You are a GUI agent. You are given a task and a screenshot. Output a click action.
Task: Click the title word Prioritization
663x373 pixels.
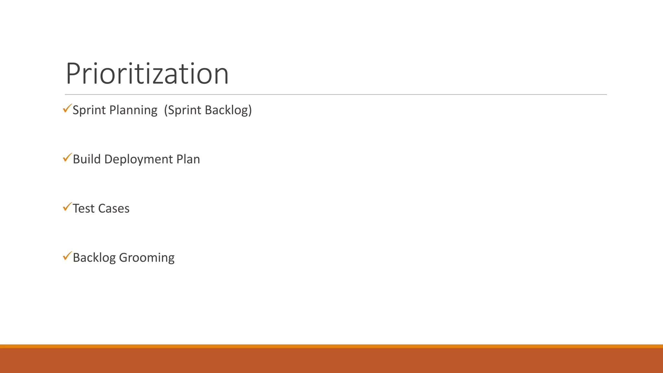[x=147, y=74]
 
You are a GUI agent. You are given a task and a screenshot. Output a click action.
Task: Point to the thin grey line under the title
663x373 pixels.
[x=336, y=95]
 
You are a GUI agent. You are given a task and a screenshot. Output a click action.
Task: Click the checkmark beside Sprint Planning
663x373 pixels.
[x=67, y=108]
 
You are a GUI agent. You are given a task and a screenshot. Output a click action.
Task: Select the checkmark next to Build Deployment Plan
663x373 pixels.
[x=67, y=158]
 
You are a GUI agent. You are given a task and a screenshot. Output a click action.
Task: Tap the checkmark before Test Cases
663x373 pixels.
[x=67, y=207]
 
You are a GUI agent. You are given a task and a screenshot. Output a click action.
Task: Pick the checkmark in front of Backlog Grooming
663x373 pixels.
[x=67, y=256]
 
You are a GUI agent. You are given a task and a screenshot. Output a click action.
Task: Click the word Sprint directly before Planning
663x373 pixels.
[x=89, y=110]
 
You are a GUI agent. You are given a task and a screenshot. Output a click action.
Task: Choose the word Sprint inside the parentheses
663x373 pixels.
[x=183, y=110]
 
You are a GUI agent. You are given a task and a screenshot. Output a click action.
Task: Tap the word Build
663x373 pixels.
[x=87, y=159]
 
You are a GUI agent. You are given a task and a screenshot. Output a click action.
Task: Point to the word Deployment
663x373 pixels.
[x=139, y=160]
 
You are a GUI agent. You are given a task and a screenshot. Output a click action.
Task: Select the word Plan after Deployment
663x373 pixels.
[x=188, y=159]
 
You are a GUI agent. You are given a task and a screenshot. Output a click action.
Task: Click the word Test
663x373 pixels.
[x=84, y=209]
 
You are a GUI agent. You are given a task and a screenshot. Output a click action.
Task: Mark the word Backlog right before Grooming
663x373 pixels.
[x=94, y=258]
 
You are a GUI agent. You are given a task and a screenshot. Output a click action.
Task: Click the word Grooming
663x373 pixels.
[x=147, y=258]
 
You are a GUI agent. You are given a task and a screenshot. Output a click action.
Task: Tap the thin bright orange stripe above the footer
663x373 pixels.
[x=331, y=346]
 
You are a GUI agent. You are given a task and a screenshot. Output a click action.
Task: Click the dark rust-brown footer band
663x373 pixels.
[x=331, y=361]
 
